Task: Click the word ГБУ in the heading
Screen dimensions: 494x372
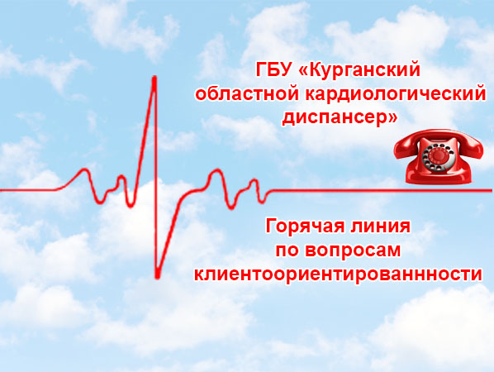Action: click(273, 69)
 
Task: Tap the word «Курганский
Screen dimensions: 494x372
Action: click(359, 71)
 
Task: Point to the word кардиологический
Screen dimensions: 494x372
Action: click(396, 94)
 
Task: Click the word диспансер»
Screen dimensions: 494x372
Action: click(340, 118)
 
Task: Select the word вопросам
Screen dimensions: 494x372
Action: click(353, 252)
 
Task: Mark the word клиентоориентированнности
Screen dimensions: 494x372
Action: click(338, 274)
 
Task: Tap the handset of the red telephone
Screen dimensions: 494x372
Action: click(438, 141)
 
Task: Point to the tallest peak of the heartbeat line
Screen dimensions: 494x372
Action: click(154, 78)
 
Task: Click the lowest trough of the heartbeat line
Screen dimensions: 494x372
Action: click(157, 277)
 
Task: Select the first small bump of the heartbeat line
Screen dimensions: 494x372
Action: click(84, 170)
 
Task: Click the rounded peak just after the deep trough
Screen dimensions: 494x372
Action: click(216, 171)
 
